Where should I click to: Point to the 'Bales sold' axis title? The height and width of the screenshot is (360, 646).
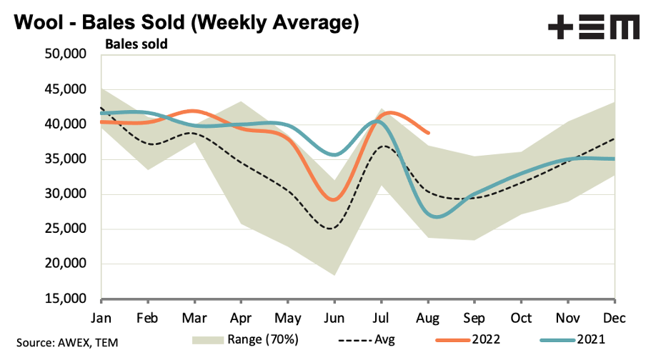click(x=136, y=44)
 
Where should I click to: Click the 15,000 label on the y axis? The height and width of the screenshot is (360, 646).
click(x=66, y=299)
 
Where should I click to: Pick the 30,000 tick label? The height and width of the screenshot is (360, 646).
click(x=66, y=194)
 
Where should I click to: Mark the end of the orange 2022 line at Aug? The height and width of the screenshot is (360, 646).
click(x=428, y=133)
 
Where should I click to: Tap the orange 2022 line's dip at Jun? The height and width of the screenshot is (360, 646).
click(x=334, y=200)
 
